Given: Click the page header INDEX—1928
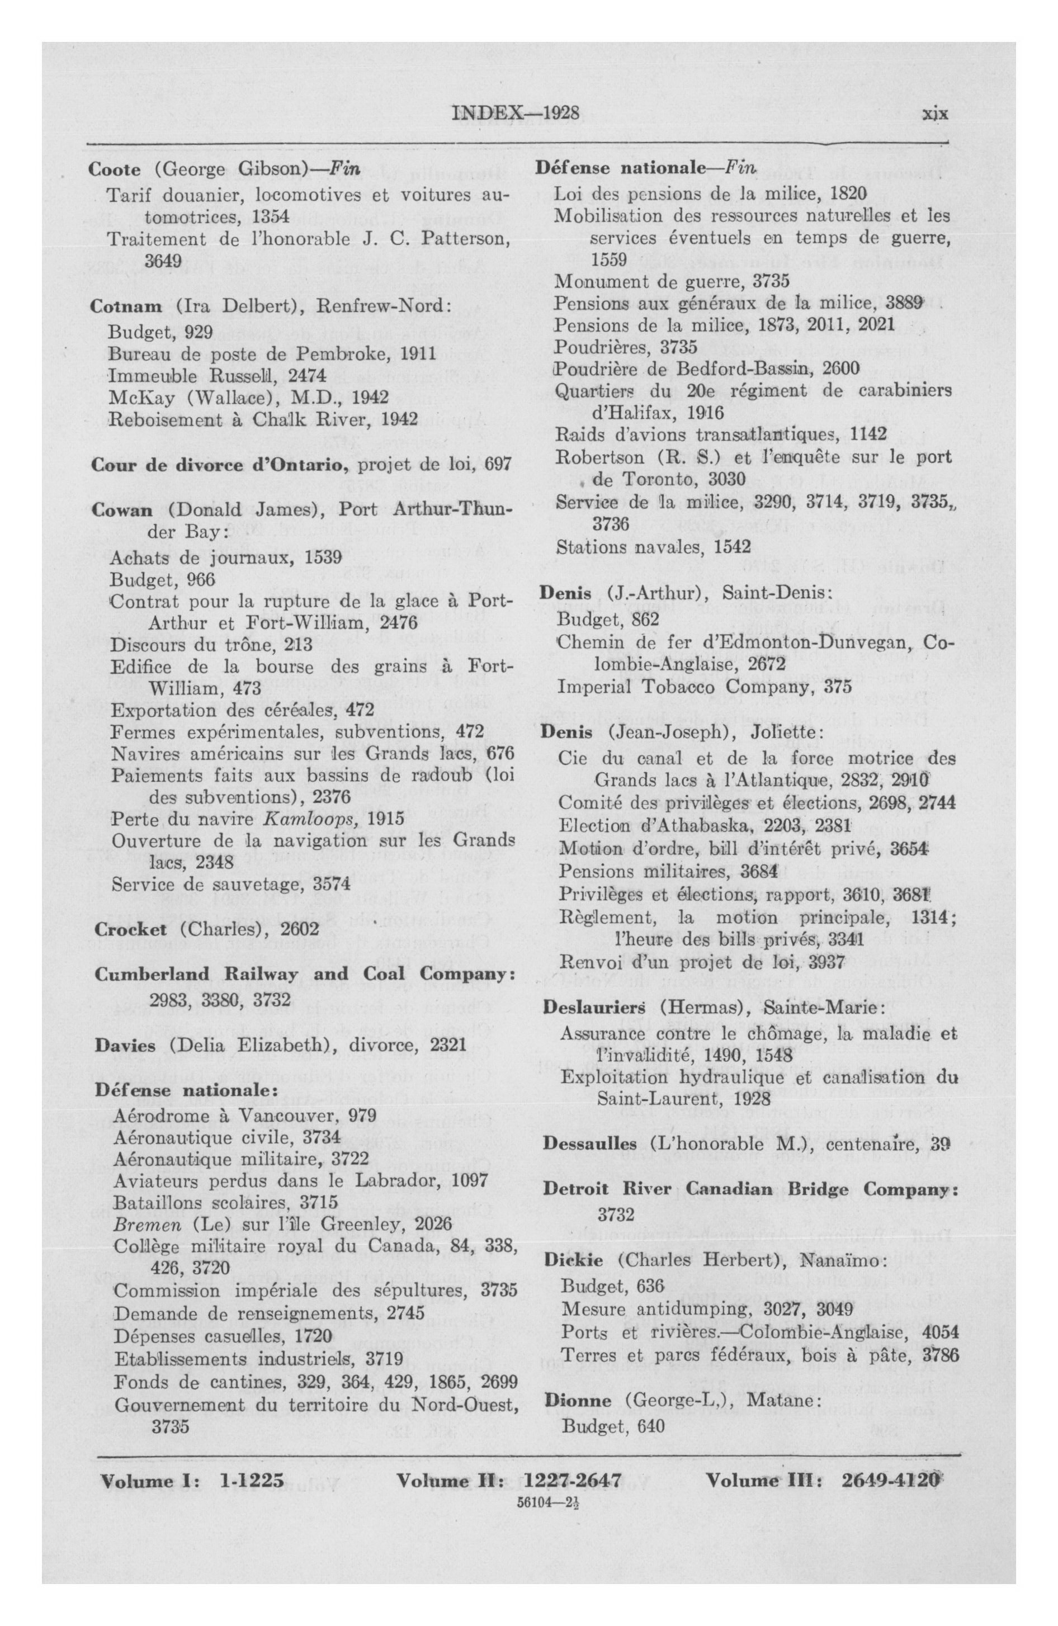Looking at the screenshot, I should [516, 113].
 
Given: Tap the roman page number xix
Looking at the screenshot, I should [935, 114].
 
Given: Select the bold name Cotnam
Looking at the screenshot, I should [126, 306].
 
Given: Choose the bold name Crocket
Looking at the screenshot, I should [130, 929].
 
